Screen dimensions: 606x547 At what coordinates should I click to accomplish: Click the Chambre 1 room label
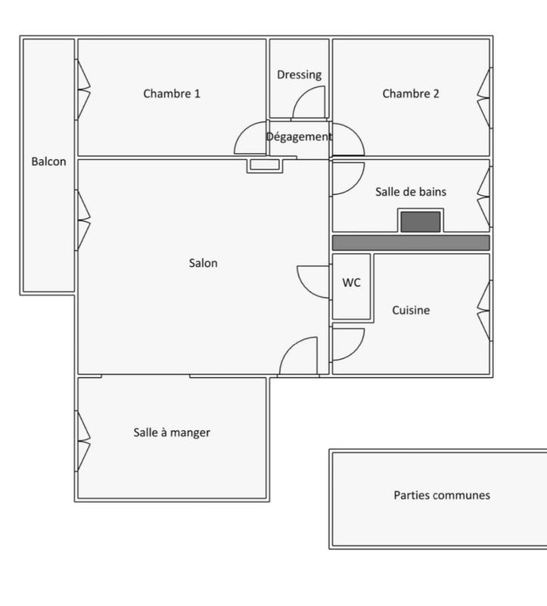coord(172,94)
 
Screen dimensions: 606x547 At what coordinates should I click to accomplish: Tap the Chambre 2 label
coord(411,94)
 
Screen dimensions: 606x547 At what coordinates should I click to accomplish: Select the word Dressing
coord(299,74)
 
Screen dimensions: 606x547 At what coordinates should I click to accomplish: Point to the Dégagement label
coord(299,137)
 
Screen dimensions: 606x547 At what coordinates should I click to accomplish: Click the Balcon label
coord(48,161)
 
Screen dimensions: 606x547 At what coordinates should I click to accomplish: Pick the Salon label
coord(204,263)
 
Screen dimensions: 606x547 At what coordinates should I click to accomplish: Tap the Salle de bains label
coord(411,192)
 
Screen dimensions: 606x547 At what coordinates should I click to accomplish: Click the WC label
coord(351,283)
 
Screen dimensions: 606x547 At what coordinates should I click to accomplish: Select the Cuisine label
coord(411,310)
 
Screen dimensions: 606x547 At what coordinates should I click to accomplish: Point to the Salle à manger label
coord(172,433)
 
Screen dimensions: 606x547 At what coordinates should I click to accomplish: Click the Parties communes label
coord(442,495)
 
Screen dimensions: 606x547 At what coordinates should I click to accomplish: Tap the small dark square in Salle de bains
coord(420,221)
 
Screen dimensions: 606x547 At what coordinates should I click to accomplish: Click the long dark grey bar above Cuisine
coord(411,242)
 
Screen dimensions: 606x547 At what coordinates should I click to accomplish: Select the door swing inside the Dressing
coord(310,103)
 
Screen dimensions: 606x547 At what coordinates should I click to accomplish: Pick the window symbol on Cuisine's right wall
coord(483,310)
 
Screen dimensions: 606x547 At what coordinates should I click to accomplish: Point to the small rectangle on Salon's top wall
coord(264,165)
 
